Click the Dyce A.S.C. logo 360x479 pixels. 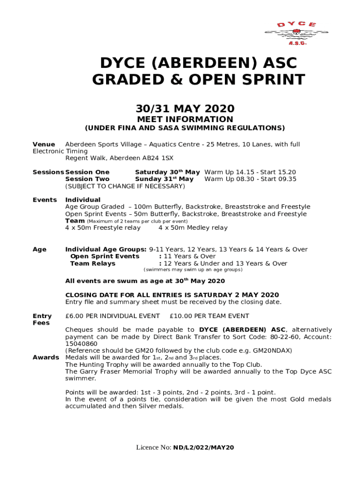pos(290,33)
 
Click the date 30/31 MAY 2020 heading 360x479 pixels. pos(185,109)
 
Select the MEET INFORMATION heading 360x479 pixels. pos(185,119)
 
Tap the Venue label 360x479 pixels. pos(43,145)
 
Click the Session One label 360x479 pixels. pos(87,172)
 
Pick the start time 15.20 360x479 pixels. pos(287,172)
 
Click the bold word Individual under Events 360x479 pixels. pos(83,200)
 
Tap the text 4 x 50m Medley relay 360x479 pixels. pos(193,228)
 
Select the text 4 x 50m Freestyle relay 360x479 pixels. pos(103,228)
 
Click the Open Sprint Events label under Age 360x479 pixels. pos(105,256)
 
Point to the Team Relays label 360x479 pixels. pos(93,263)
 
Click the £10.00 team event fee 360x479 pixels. pos(180,316)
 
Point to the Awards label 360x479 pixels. pos(45,358)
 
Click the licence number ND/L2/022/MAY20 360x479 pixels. pos(203,448)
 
